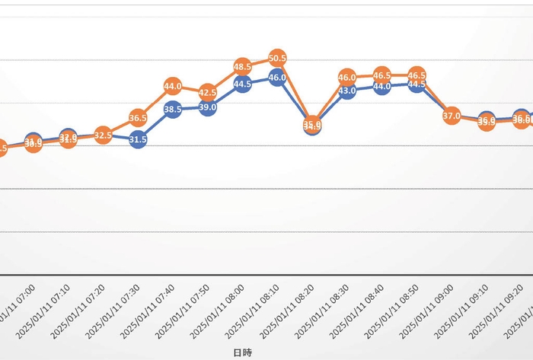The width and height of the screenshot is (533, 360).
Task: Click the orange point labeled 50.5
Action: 278,58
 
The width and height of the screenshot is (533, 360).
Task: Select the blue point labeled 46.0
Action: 278,77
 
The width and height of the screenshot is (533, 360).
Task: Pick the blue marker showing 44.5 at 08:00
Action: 243,85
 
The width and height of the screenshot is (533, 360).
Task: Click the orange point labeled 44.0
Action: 173,86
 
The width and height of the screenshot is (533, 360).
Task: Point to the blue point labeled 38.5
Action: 173,110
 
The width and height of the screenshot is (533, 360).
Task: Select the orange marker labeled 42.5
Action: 208,92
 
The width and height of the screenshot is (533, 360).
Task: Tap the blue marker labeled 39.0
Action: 208,107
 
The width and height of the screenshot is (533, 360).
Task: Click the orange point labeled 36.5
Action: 138,118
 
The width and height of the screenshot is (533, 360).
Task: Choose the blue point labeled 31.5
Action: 138,139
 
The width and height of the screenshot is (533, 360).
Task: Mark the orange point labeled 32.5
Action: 104,135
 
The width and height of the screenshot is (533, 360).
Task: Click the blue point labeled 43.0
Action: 347,91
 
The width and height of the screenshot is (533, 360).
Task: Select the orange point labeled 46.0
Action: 347,77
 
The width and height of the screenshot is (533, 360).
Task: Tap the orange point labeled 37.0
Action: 452,116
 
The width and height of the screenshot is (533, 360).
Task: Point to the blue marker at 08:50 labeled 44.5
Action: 417,85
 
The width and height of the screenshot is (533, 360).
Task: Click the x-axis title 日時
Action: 242,352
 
